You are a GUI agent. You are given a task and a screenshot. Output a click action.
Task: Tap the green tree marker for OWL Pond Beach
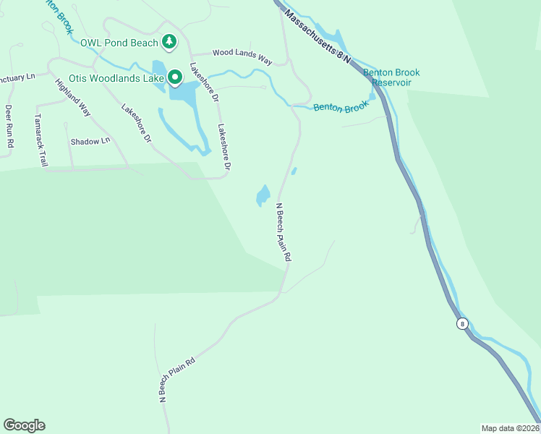point(169,42)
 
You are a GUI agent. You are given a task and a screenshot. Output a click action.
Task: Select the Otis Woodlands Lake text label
point(115,77)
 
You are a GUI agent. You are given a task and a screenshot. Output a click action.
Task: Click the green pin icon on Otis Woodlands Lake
point(175,77)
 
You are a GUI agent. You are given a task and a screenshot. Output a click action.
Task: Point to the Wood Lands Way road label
point(242,57)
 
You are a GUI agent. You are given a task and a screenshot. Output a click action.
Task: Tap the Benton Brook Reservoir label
point(391,77)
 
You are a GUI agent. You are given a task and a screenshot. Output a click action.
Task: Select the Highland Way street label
point(73,96)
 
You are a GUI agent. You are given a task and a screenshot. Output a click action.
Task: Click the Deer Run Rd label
point(9,127)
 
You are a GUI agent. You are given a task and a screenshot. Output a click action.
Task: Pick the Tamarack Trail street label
point(41,140)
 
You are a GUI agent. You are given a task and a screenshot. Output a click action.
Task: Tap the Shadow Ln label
point(90,141)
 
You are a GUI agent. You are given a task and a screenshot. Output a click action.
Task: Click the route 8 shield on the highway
point(462,323)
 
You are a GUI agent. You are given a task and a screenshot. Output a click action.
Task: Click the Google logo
point(24,425)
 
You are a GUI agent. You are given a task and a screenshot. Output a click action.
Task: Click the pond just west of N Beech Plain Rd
point(263,196)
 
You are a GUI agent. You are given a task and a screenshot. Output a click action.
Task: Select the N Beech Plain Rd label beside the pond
point(284,231)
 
